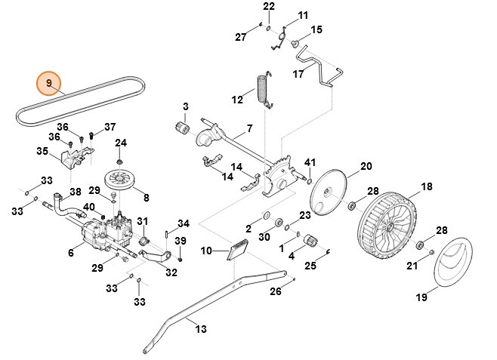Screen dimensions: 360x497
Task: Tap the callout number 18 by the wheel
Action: point(426,186)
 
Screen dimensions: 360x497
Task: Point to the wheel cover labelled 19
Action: point(449,266)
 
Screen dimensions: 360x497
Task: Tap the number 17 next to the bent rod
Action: point(298,74)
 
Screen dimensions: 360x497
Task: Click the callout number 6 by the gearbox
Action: point(70,253)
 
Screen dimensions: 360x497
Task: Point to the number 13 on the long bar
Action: point(199,328)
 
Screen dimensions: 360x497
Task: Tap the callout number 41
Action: point(310,163)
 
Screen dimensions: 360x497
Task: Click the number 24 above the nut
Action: point(121,143)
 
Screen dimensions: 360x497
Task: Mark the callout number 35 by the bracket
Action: point(42,151)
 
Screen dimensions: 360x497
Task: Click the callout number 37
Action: point(110,127)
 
